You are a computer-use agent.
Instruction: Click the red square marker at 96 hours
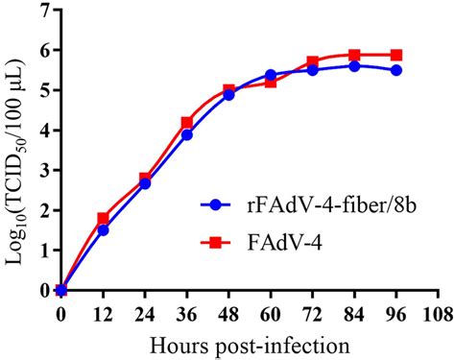click(x=396, y=56)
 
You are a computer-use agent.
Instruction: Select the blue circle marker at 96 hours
click(x=396, y=71)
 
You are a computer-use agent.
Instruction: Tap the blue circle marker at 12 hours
click(x=103, y=229)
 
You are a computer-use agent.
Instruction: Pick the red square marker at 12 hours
click(x=103, y=218)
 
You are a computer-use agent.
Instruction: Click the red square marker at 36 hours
click(x=186, y=123)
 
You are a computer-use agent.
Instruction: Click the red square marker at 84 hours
click(x=354, y=56)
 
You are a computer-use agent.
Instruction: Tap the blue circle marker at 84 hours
click(x=354, y=66)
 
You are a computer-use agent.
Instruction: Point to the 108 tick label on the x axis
click(x=438, y=312)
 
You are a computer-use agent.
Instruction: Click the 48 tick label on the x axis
click(x=228, y=312)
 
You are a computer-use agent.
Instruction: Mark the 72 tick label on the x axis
click(x=312, y=312)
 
